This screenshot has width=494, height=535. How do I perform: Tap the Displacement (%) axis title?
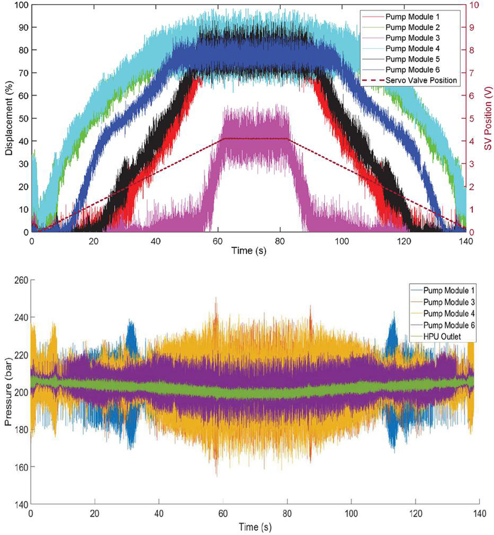point(9,117)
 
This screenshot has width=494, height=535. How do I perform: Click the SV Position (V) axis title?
point(487,117)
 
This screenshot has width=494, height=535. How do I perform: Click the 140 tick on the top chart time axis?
point(464,242)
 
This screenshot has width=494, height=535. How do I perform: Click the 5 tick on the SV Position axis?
point(473,118)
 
